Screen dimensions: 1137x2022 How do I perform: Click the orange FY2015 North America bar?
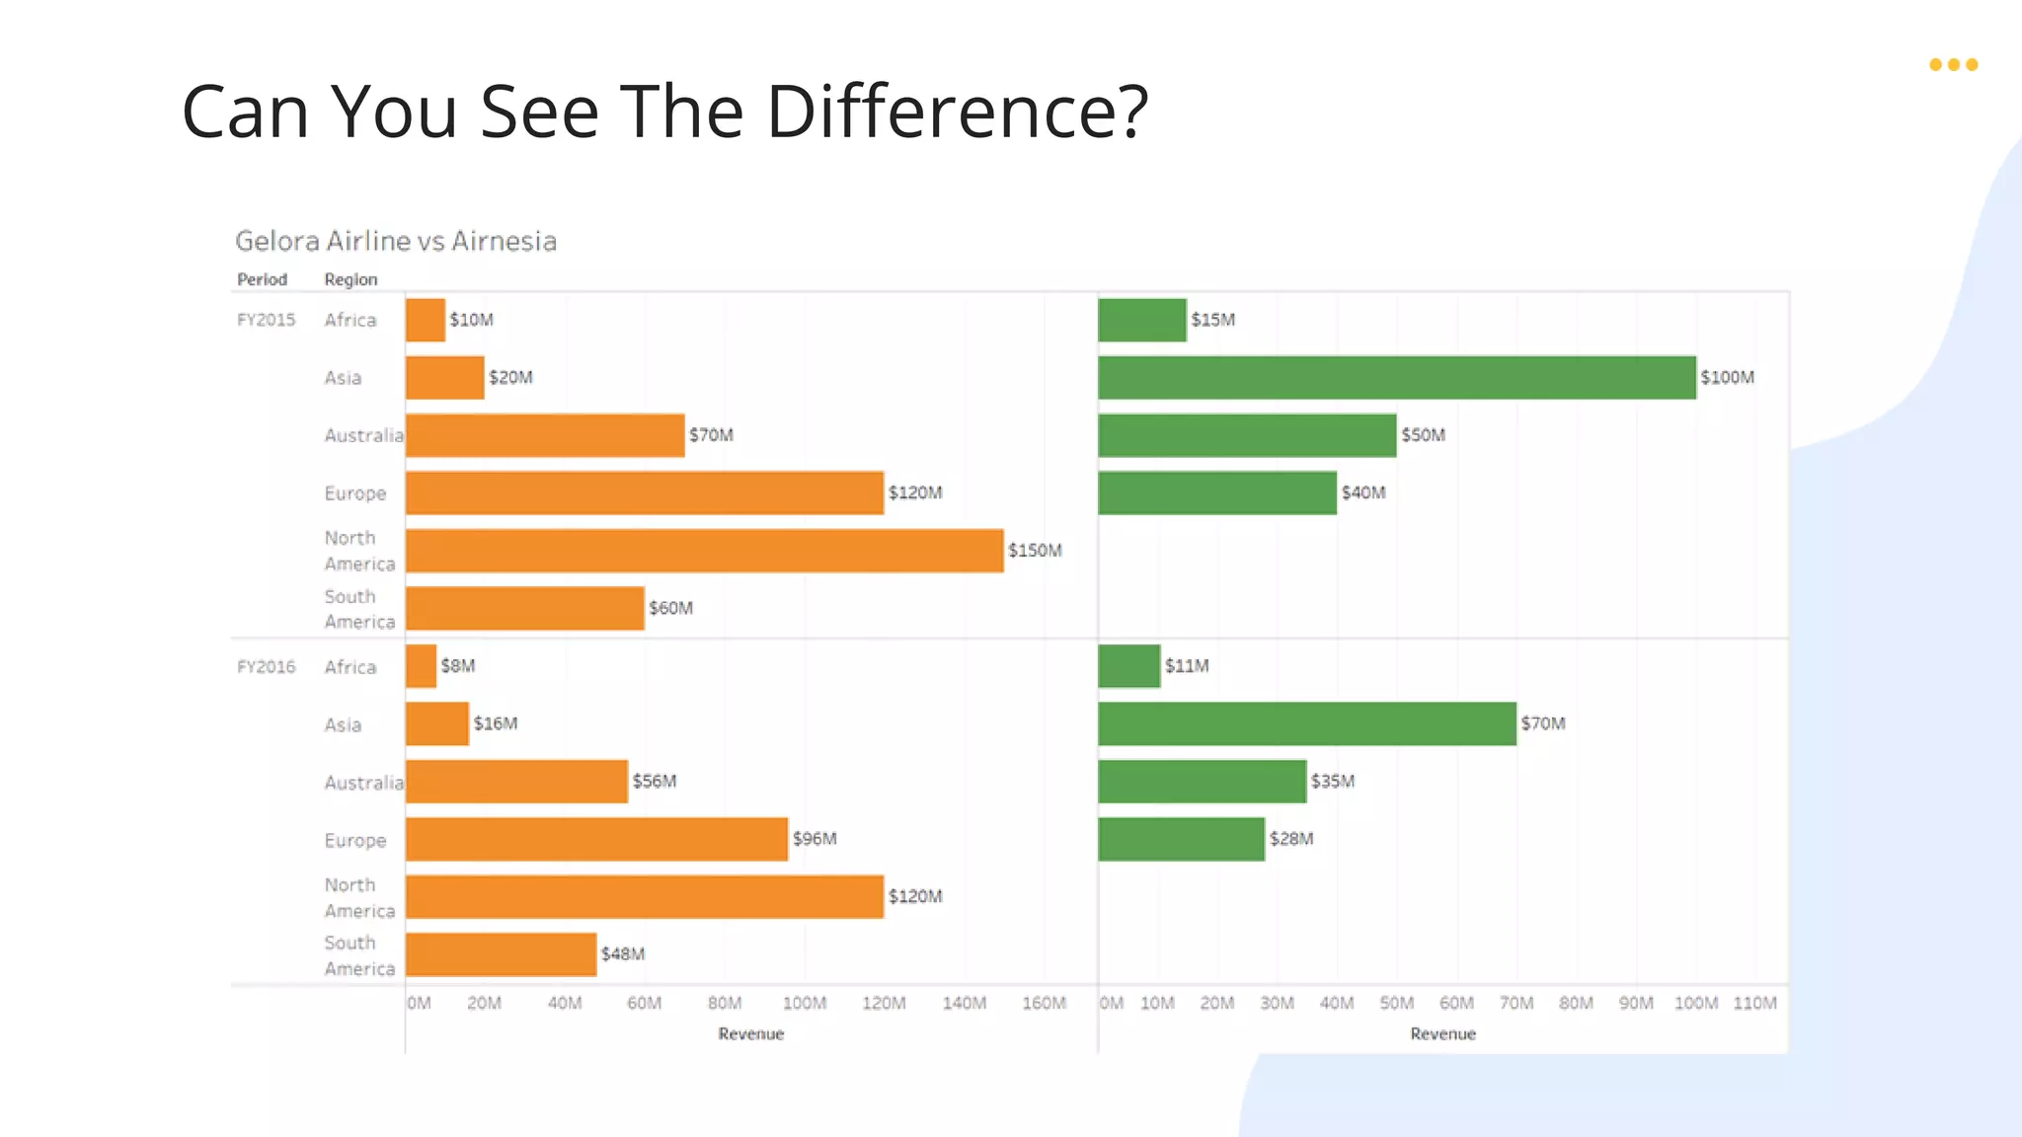click(704, 551)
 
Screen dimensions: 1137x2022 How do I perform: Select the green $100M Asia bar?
click(1396, 378)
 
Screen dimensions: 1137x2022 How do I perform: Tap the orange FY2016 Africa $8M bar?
click(421, 666)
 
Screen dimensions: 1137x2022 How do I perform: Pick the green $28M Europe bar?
click(1181, 839)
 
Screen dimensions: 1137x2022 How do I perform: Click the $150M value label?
click(1035, 551)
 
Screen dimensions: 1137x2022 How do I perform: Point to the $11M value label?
click(1187, 666)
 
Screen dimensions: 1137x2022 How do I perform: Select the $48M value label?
click(623, 954)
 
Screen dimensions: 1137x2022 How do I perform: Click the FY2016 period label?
click(266, 667)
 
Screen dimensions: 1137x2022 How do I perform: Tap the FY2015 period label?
click(266, 320)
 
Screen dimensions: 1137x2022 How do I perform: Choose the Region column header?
click(350, 280)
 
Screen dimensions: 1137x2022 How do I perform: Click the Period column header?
click(262, 280)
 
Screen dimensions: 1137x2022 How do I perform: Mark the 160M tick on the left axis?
click(1044, 1004)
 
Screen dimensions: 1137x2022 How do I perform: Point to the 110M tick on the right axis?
click(1754, 1004)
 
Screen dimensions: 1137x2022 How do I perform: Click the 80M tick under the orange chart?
click(725, 1004)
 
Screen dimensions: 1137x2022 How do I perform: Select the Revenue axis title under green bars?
click(1442, 1034)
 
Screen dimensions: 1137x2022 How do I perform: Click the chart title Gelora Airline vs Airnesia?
click(396, 241)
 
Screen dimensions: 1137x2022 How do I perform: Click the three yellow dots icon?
click(1953, 65)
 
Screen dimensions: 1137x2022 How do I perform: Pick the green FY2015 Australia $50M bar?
click(1247, 435)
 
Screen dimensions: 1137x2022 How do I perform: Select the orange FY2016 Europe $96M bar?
click(596, 839)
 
